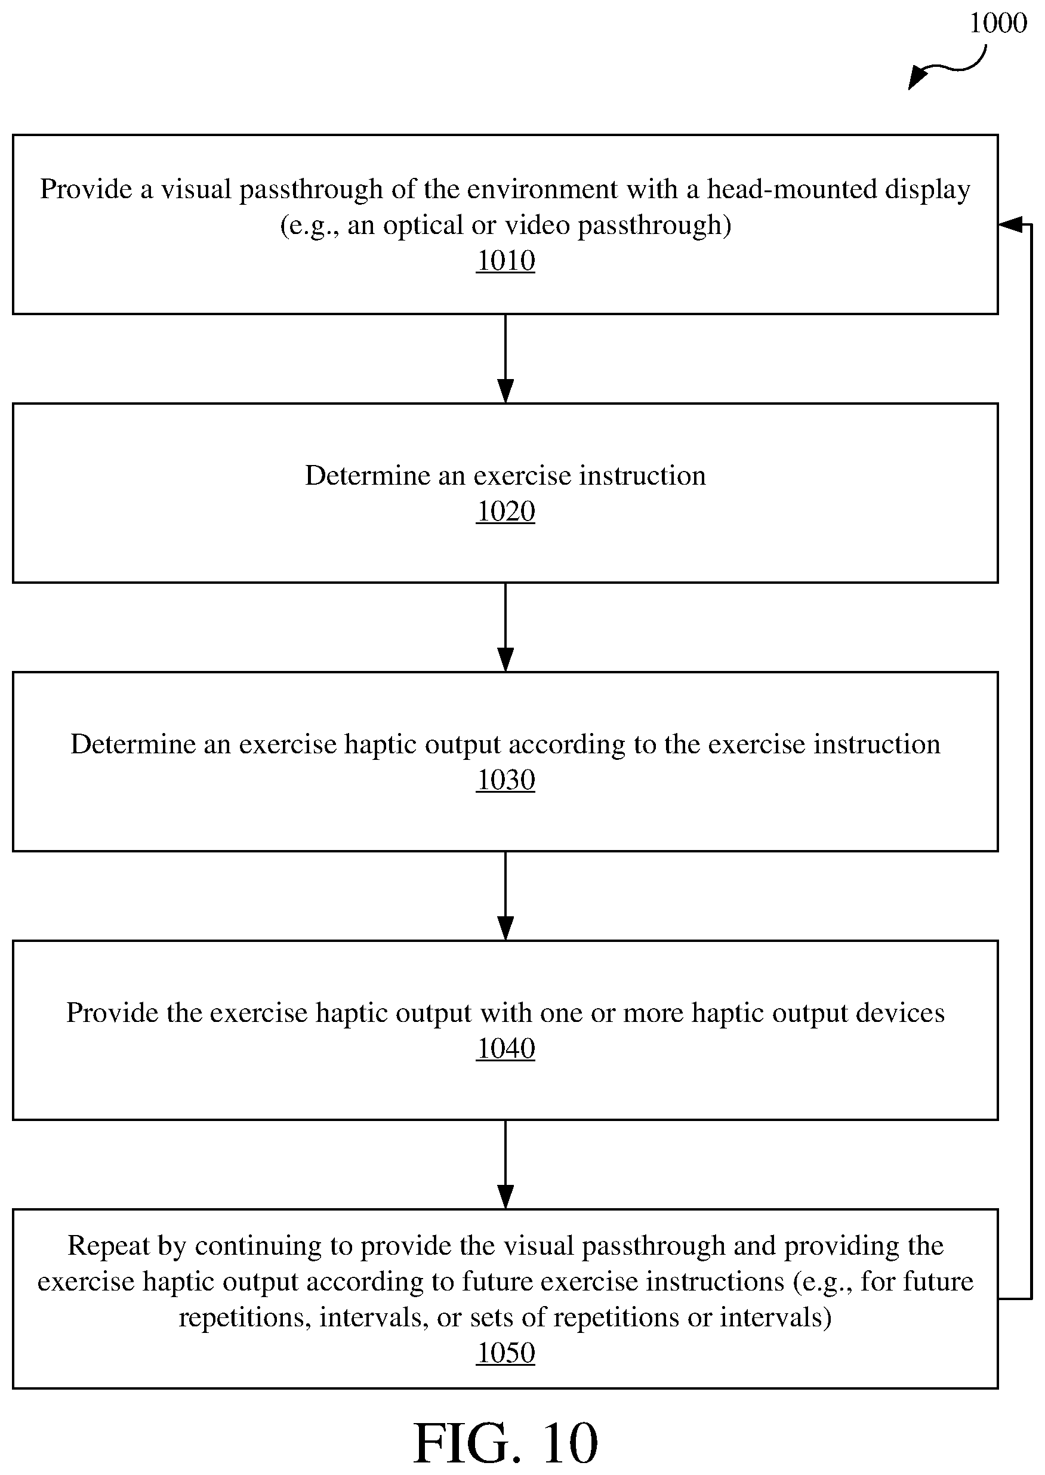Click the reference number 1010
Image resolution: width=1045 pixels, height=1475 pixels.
[505, 261]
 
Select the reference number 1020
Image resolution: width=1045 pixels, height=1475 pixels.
[505, 512]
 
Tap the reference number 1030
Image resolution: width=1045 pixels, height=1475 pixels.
[505, 781]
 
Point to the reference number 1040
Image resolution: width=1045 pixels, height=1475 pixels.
[505, 1049]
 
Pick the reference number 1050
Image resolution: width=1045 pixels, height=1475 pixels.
[505, 1353]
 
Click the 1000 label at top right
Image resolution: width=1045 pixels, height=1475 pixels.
[997, 23]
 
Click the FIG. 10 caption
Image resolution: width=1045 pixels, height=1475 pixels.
[505, 1443]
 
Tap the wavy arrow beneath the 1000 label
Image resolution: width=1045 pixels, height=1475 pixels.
[947, 68]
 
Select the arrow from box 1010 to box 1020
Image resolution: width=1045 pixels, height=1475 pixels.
[505, 359]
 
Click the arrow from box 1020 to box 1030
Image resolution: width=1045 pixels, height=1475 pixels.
[505, 627]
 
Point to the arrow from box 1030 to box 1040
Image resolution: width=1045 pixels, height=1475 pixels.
[505, 896]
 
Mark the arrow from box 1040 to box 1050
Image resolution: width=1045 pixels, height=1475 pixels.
[505, 1165]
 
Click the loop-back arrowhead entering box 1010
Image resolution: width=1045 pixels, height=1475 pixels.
[1010, 224]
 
